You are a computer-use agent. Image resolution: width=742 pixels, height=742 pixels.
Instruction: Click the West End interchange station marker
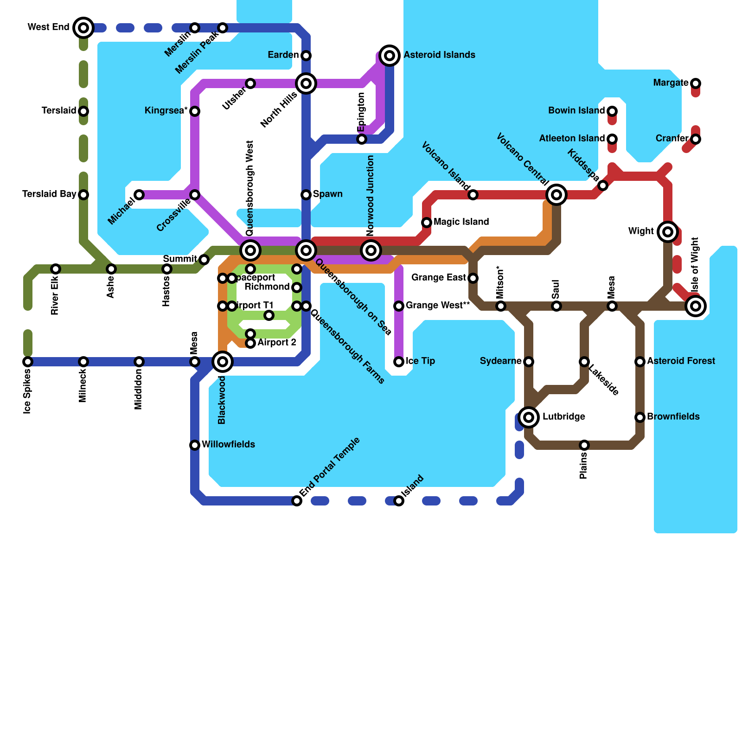(83, 28)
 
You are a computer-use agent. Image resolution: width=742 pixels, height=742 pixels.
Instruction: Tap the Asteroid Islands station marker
(390, 56)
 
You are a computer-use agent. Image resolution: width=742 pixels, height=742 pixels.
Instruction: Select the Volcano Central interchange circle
(556, 195)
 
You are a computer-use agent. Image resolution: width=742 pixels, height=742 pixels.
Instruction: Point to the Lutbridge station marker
(529, 417)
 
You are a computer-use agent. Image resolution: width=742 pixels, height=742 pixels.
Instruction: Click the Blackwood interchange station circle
(223, 362)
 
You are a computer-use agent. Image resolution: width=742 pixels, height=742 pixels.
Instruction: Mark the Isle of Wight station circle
(696, 306)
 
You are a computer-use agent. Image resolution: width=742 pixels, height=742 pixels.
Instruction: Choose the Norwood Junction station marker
(371, 250)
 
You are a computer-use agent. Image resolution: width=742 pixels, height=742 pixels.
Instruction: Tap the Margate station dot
(696, 83)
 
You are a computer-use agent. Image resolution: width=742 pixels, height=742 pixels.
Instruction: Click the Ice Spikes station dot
(28, 362)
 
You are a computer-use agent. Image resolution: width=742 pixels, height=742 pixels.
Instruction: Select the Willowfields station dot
(195, 445)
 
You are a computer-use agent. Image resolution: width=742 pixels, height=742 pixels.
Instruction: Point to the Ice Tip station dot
(399, 362)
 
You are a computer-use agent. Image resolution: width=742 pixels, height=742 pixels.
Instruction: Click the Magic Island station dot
(427, 223)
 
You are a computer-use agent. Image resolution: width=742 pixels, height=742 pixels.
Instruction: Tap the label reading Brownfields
(673, 416)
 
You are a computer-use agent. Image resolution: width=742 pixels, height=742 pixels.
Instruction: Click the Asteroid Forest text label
(681, 361)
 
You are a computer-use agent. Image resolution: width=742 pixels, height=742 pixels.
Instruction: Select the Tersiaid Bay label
(49, 194)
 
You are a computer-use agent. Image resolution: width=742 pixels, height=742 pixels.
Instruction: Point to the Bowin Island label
(576, 110)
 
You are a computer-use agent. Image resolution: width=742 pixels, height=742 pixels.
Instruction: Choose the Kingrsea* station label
(166, 110)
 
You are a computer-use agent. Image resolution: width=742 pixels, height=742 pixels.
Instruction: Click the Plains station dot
(584, 445)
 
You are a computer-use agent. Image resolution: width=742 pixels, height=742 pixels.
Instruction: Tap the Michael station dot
(139, 195)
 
